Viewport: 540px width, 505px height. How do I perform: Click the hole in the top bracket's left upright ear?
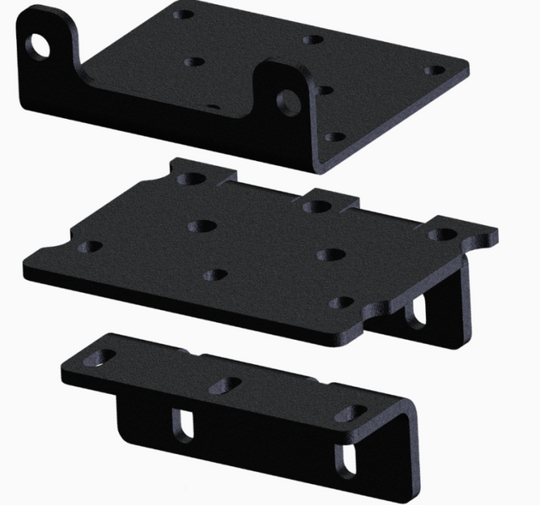39,44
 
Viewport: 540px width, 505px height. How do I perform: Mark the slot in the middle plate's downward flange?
415,314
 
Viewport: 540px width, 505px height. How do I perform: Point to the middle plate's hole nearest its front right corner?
341,301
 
